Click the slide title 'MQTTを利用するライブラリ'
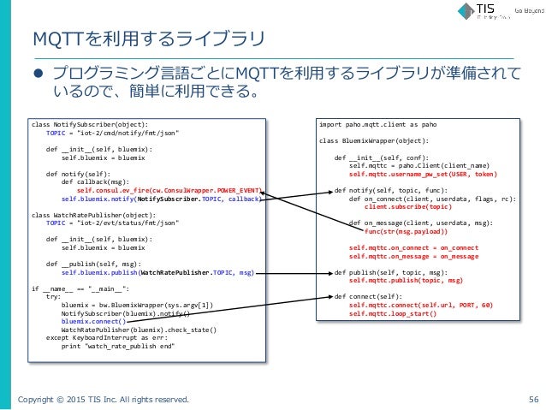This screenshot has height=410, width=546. [148, 39]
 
